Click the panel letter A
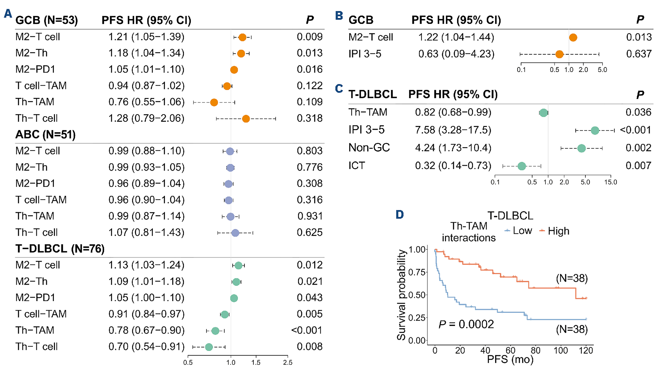point(8,13)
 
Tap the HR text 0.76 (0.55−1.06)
point(146,102)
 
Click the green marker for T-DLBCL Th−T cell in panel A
point(209,347)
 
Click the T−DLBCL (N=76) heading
point(60,249)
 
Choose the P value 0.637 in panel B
point(639,54)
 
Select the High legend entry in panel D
point(558,231)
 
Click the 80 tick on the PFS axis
point(535,350)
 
